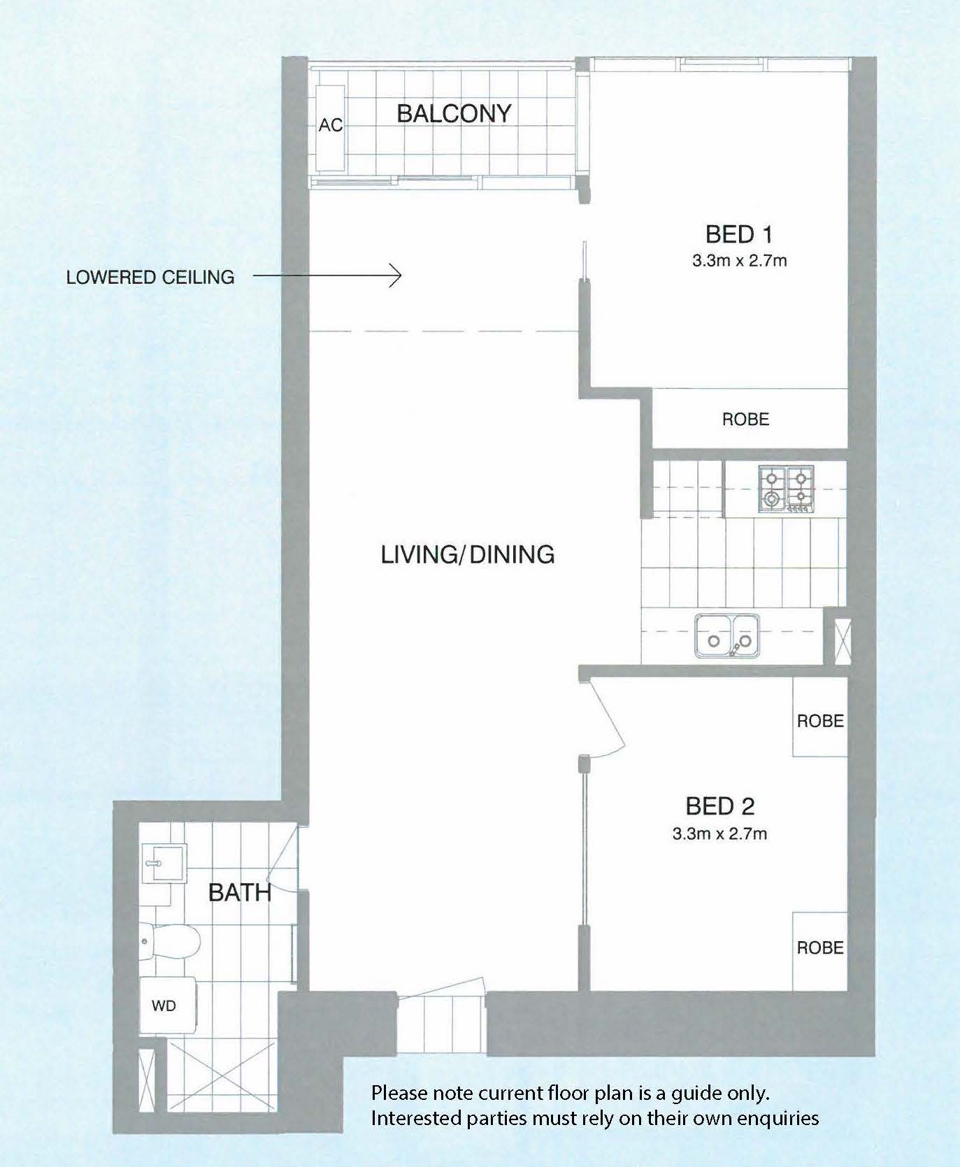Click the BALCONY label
[454, 113]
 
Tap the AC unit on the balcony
[330, 129]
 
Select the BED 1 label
[738, 234]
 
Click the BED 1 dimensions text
[739, 261]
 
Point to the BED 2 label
[719, 806]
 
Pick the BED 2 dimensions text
[719, 833]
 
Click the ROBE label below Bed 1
[745, 419]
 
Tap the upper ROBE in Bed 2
[820, 720]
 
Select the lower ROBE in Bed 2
[820, 947]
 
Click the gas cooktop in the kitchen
[787, 489]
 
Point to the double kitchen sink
[727, 636]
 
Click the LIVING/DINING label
[467, 554]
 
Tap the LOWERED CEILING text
[150, 277]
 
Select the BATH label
[240, 892]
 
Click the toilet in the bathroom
[170, 941]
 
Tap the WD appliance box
[166, 1005]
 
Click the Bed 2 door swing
[606, 720]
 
